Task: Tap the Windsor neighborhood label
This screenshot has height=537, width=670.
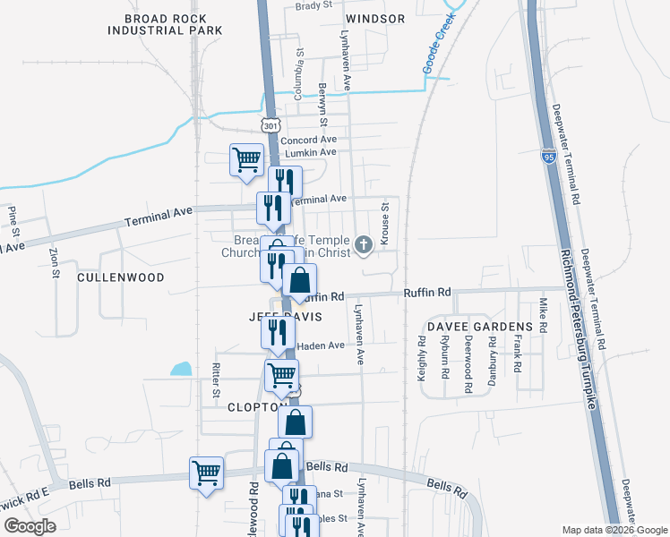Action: tap(374, 18)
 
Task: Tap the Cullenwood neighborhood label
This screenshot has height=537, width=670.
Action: tap(121, 277)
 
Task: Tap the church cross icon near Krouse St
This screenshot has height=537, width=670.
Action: tap(364, 243)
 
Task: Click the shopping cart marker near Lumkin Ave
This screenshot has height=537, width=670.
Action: tap(246, 160)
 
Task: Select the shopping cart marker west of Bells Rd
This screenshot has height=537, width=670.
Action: tap(207, 473)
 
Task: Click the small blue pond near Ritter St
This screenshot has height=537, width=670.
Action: tap(182, 368)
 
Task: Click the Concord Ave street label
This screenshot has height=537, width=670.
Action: tap(308, 141)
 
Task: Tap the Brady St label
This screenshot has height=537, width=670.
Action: tap(314, 4)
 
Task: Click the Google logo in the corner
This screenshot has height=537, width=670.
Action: tap(30, 526)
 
